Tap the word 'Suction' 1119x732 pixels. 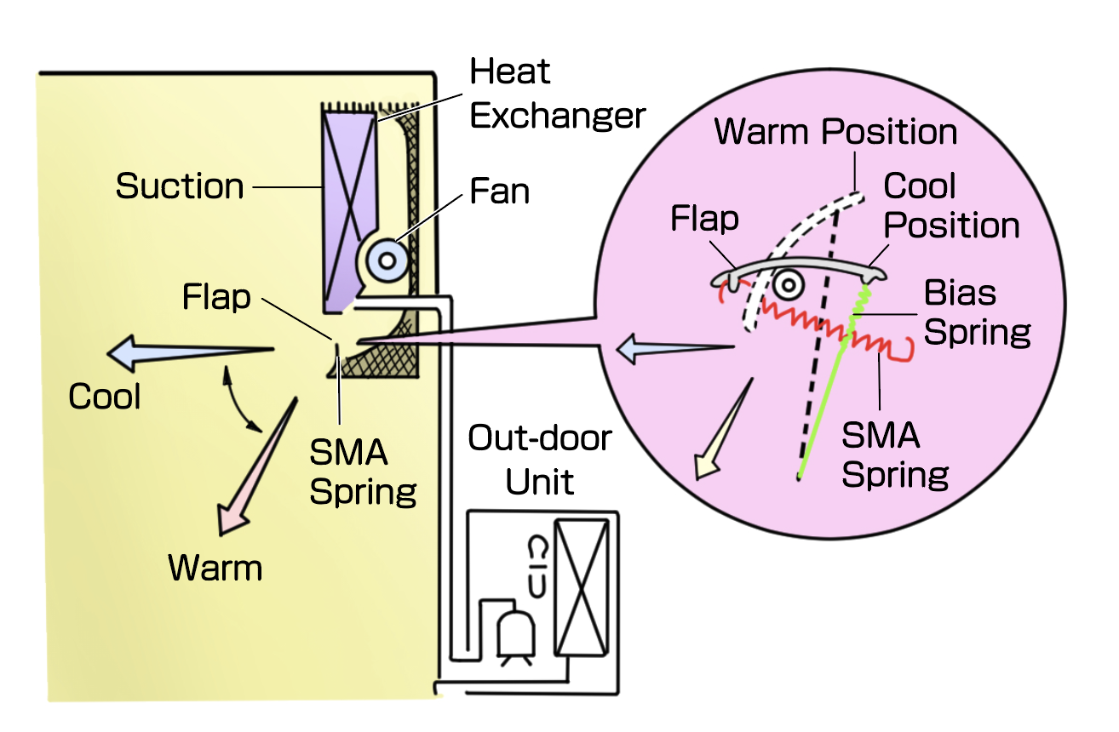(180, 186)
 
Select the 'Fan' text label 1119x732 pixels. (499, 192)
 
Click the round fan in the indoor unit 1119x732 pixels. (387, 258)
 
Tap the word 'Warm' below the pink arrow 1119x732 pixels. (215, 568)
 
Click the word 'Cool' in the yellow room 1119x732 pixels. (105, 397)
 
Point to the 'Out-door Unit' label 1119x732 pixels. (540, 460)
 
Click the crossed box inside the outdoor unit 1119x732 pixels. (582, 586)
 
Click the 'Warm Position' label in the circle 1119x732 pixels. (836, 132)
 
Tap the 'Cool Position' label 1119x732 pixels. (950, 206)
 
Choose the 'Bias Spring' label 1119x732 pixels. (976, 312)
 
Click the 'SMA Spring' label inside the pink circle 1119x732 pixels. (894, 455)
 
